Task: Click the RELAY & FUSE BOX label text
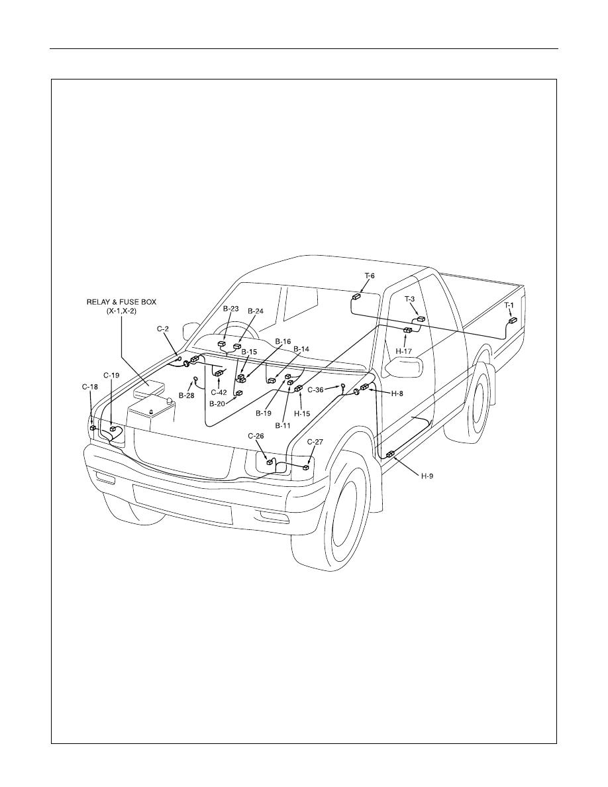(121, 302)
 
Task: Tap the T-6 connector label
(369, 276)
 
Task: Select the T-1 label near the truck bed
(509, 305)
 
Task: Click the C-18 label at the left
(90, 386)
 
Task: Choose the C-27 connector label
(315, 442)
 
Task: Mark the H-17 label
(403, 351)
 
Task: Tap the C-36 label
(315, 389)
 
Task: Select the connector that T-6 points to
(357, 297)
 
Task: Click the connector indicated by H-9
(390, 454)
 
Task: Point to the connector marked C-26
(270, 462)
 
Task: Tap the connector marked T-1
(513, 321)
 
